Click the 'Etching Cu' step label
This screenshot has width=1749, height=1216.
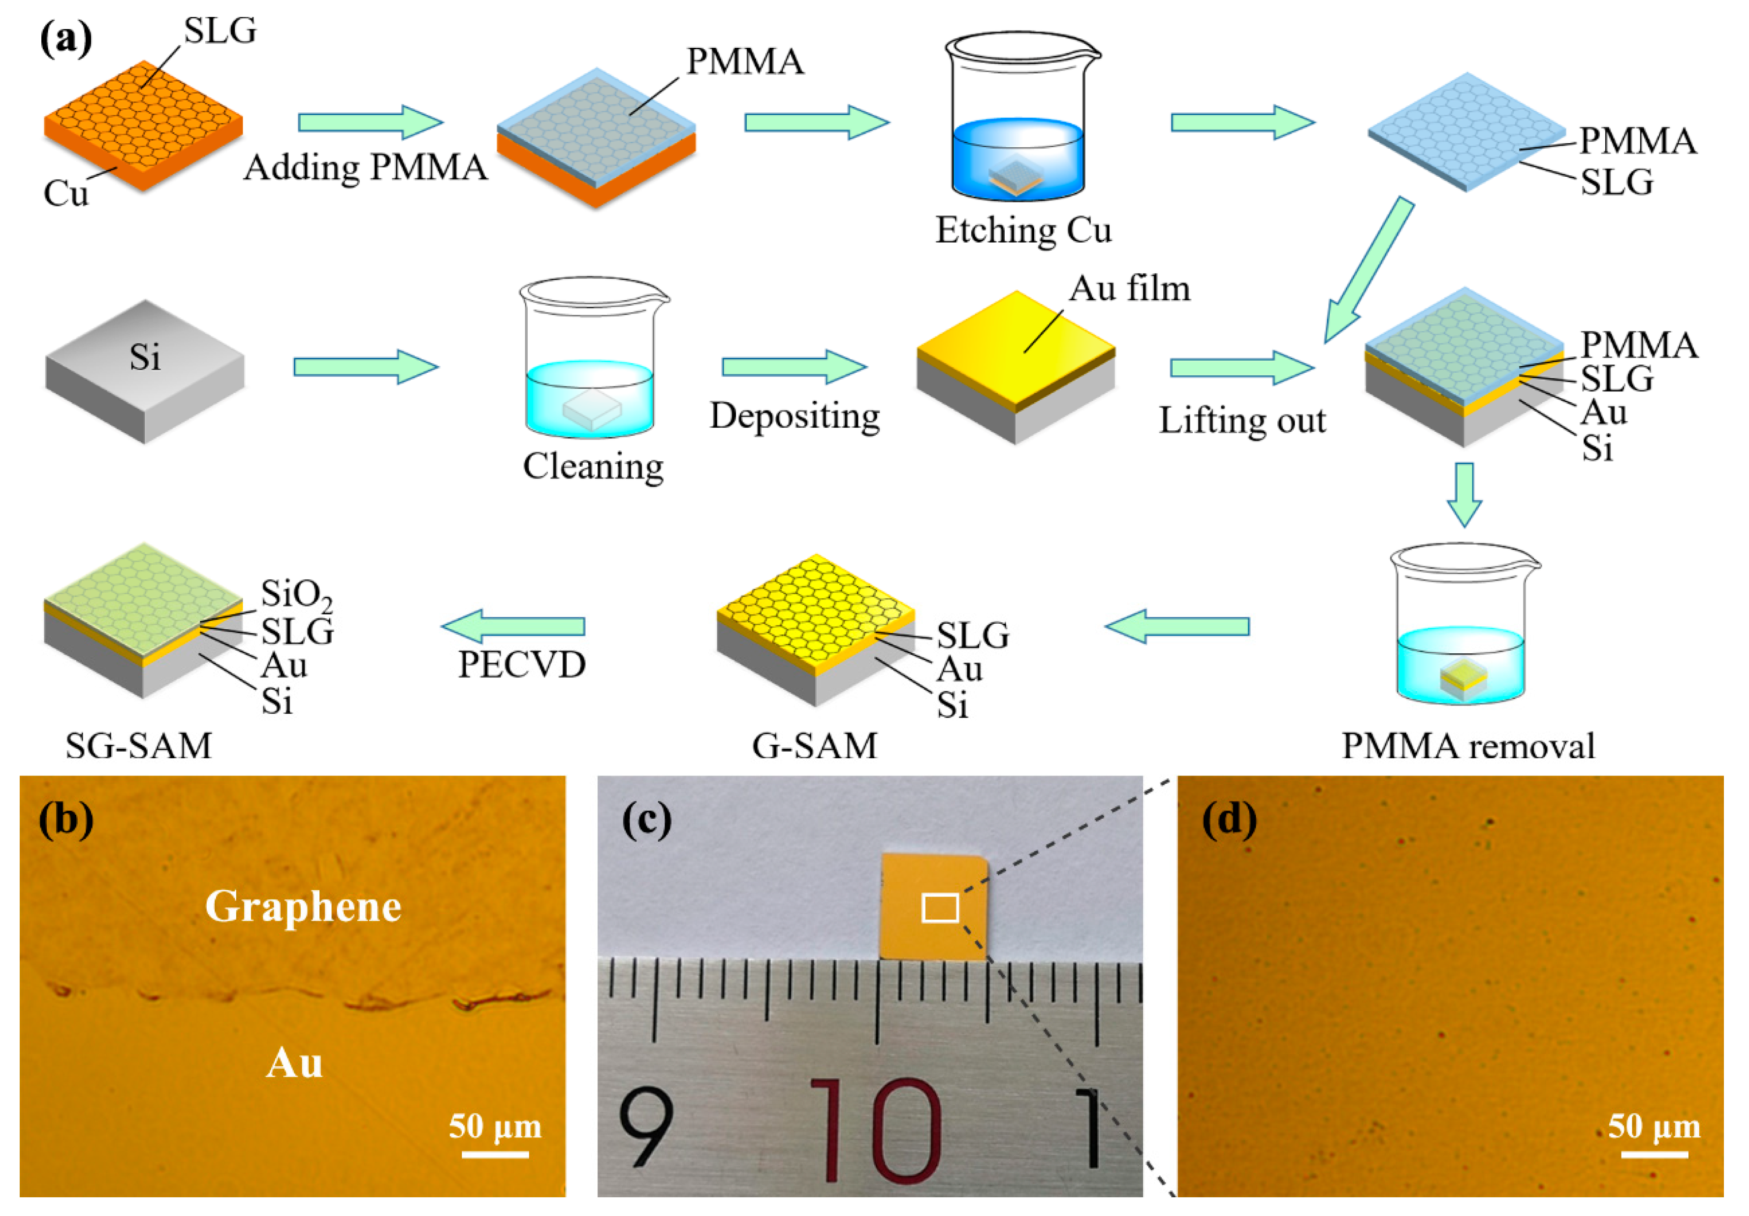pyautogui.click(x=1023, y=229)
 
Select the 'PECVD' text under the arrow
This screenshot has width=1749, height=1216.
pyautogui.click(x=522, y=665)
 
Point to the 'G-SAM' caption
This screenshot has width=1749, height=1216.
pyautogui.click(x=814, y=746)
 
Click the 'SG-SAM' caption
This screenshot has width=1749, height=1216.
pyautogui.click(x=139, y=746)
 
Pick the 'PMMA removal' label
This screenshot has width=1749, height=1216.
pyautogui.click(x=1468, y=746)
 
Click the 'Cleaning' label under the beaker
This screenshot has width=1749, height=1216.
pyautogui.click(x=593, y=466)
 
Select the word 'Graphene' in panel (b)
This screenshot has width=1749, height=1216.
pyautogui.click(x=303, y=907)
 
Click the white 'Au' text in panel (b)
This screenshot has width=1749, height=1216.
pyautogui.click(x=294, y=1063)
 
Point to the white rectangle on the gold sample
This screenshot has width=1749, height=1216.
pyautogui.click(x=940, y=908)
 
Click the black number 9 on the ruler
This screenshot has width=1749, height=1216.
pyautogui.click(x=646, y=1127)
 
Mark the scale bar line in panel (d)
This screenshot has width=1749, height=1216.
pyautogui.click(x=1654, y=1154)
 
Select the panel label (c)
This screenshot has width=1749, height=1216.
pyautogui.click(x=647, y=821)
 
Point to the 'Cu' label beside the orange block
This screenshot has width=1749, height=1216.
pyautogui.click(x=65, y=193)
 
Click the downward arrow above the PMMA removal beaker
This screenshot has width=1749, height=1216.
pyautogui.click(x=1463, y=494)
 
